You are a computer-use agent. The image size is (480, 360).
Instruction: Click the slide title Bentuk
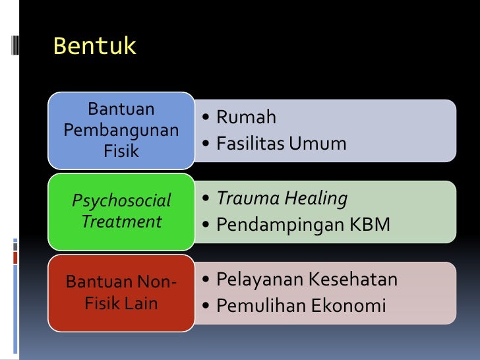[94, 47]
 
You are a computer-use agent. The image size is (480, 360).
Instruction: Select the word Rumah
[246, 118]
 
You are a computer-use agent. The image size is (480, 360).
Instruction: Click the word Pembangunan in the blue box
[121, 130]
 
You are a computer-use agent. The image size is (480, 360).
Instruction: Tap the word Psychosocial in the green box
[121, 200]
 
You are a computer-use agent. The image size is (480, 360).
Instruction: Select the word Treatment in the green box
[121, 222]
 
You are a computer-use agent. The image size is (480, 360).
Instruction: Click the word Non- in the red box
[157, 283]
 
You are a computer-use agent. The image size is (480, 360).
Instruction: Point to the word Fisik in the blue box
[121, 151]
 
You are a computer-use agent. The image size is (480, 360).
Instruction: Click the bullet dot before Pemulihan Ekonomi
[207, 307]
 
